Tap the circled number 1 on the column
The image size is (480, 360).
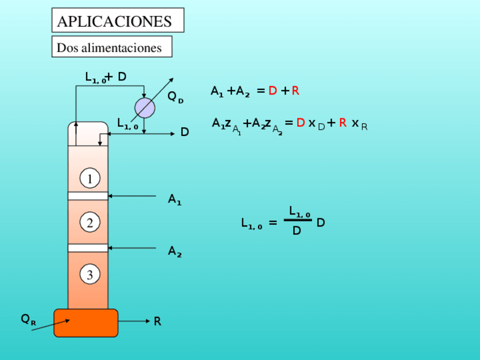89,179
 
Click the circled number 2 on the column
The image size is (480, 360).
89,223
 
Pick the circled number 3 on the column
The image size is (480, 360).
89,275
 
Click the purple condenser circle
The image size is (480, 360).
144,108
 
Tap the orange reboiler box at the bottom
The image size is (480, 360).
86,323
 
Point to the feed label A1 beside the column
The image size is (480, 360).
174,199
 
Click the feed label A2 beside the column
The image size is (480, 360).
174,251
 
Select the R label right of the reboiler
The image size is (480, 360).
157,322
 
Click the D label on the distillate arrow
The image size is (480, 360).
185,132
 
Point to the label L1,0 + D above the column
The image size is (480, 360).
106,78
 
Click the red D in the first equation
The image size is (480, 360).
272,91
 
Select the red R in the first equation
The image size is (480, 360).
295,91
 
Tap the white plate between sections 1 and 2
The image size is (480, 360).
88,196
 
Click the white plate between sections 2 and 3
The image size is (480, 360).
88,248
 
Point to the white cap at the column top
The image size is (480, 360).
88,134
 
